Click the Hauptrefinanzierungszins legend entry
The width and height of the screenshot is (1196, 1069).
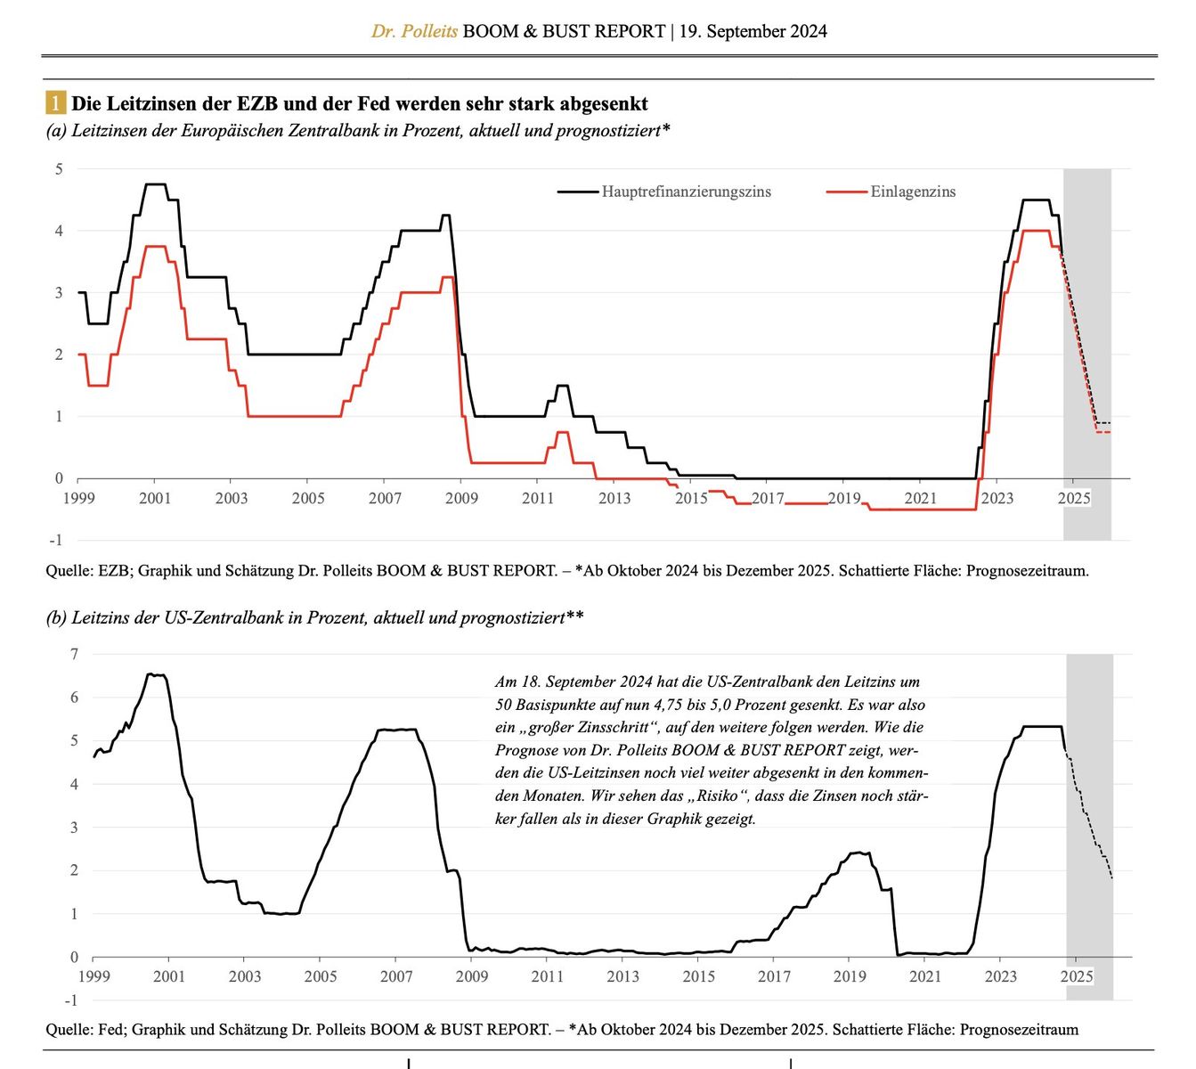coord(686,192)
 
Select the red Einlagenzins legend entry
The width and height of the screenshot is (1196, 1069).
coord(912,192)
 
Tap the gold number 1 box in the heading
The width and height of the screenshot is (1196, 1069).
coord(56,103)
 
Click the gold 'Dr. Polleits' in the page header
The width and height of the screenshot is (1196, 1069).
coord(414,31)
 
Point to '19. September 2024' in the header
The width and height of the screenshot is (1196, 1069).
coord(753,31)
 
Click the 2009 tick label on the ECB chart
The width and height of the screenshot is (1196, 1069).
coord(461,498)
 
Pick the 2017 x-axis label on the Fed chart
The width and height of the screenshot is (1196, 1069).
coord(774,976)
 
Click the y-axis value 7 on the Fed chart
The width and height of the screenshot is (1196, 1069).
coord(74,654)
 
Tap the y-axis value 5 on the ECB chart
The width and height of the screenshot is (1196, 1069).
coord(60,168)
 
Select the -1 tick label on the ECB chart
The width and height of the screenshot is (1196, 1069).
coord(56,540)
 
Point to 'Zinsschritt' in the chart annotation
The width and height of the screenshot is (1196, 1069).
coord(618,727)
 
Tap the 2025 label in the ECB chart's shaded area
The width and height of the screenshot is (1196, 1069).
coord(1073,498)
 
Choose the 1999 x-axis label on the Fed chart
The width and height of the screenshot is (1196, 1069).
coord(94,976)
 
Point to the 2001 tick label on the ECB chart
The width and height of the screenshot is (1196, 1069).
coord(154,498)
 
